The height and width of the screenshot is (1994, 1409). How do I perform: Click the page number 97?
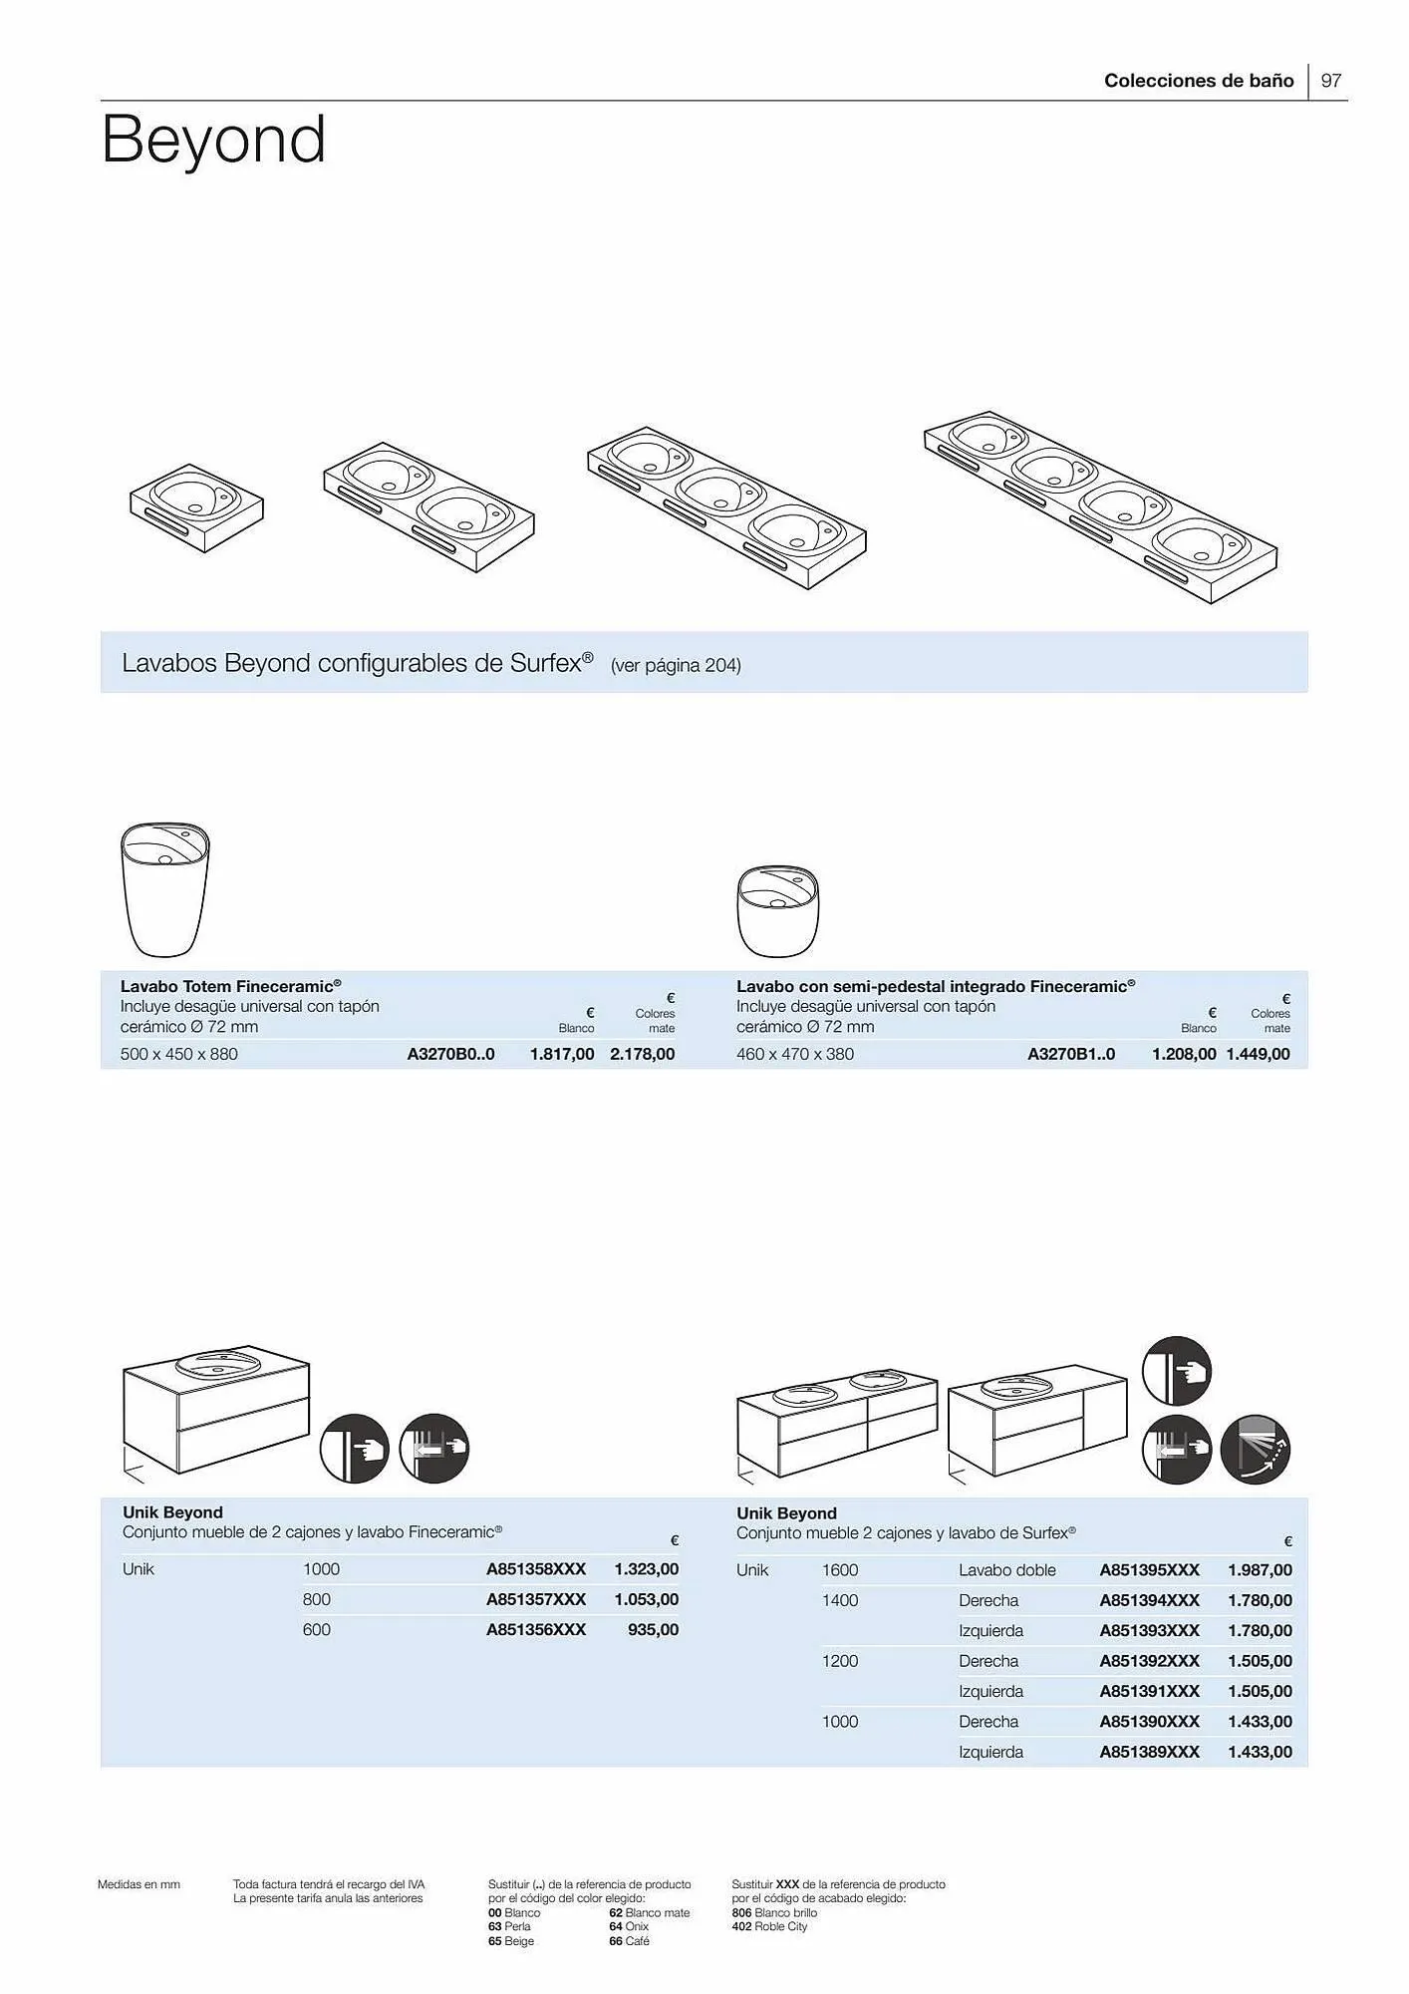pos(1330,81)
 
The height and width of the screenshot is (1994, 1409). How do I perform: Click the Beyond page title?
pos(213,140)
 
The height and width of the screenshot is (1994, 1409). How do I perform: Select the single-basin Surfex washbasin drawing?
pos(196,506)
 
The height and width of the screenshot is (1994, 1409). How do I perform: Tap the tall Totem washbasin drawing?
pos(164,887)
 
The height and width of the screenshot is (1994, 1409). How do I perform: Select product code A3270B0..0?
pos(450,1054)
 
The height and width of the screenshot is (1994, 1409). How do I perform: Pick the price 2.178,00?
pos(642,1054)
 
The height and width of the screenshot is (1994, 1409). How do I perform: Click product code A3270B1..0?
pos(1071,1054)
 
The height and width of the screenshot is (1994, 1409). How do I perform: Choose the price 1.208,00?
pos(1183,1054)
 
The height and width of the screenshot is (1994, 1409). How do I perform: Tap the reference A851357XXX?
pos(536,1599)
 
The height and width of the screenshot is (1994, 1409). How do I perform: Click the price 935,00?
pos(653,1629)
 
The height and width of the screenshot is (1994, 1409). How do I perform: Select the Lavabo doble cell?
pos(1006,1570)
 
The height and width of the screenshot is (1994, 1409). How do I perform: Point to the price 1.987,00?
pos(1260,1570)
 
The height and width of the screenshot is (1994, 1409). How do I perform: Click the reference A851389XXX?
pos(1149,1752)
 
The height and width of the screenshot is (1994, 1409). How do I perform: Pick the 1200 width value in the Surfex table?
pos(839,1661)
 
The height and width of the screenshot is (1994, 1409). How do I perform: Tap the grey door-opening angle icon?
pos(1255,1449)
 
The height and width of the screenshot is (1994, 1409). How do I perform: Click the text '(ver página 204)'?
pos(676,665)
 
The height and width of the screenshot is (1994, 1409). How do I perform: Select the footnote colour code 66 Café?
pos(629,1941)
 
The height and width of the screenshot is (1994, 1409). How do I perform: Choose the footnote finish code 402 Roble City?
pos(769,1926)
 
